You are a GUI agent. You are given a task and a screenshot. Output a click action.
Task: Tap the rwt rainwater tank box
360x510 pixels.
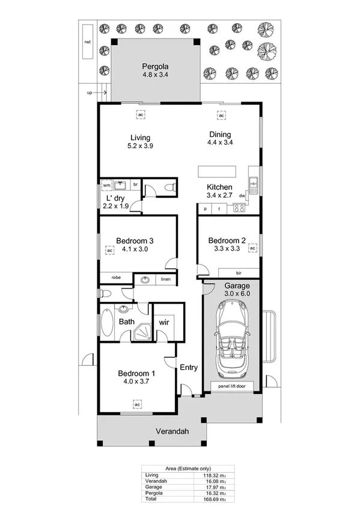tap(88, 42)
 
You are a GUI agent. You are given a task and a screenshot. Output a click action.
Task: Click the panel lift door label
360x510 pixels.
tap(232, 386)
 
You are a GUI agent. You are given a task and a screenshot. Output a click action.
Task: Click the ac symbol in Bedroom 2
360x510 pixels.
tap(252, 248)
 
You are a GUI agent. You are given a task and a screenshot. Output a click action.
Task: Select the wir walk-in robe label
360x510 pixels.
tap(164, 322)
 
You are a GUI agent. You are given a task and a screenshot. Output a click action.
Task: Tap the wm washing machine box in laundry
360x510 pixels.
tap(106, 186)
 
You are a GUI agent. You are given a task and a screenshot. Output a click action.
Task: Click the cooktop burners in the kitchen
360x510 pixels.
tap(239, 209)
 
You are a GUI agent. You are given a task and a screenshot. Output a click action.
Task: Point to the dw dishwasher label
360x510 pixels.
tap(242, 195)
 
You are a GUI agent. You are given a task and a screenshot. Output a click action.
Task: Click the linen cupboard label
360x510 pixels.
tap(165, 279)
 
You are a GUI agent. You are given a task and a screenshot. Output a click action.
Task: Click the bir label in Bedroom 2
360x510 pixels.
tap(239, 272)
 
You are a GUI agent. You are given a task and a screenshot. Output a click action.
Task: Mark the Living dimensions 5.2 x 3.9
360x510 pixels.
tap(139, 146)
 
